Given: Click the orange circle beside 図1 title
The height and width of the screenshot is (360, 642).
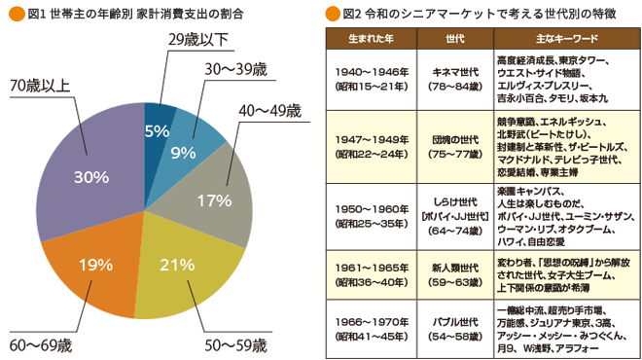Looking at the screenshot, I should tap(13, 14).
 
